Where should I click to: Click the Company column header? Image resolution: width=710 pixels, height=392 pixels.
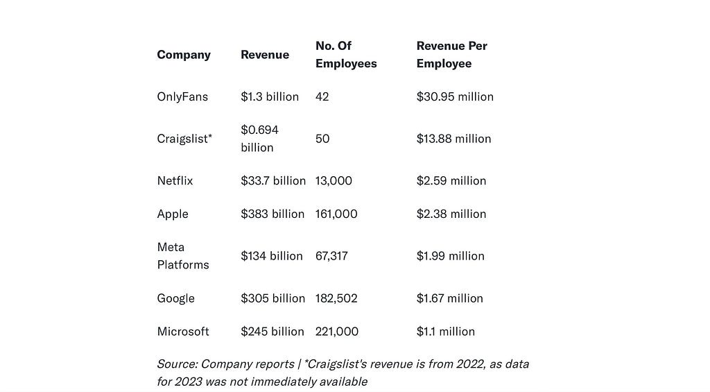184,55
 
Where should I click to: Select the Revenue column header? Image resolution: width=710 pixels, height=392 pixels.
265,55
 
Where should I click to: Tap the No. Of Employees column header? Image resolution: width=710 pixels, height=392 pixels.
346,55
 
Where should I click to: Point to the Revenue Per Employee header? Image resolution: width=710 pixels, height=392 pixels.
451,55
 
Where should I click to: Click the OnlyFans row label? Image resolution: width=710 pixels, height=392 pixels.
182,97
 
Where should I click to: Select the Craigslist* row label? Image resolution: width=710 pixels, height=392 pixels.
184,139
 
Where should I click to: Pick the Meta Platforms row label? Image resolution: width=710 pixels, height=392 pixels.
182,256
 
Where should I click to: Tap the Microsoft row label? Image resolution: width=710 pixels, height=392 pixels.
183,332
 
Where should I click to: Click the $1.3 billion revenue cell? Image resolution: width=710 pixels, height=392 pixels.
270,97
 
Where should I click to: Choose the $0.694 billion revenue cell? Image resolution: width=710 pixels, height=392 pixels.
260,139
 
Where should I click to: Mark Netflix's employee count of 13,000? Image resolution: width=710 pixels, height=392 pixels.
334,181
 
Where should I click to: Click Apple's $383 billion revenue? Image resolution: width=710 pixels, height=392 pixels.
272,214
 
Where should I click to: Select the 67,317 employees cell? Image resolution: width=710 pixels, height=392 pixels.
331,256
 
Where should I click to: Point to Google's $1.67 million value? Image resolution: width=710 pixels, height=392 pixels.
450,298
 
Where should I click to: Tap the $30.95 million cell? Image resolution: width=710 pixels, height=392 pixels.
455,97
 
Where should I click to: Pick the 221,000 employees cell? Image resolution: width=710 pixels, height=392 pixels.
337,332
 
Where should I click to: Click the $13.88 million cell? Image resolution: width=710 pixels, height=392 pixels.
453,139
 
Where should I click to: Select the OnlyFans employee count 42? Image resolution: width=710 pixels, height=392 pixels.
322,97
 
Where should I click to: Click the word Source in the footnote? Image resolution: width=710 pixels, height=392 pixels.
177,364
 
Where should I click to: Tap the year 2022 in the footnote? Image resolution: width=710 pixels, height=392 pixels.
471,364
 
